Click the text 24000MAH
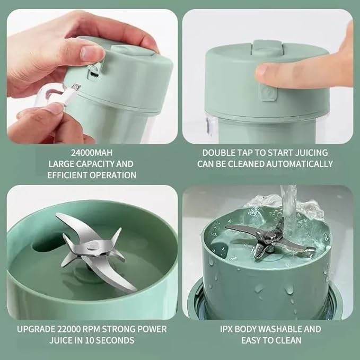click(92, 153)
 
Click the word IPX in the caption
click(228, 329)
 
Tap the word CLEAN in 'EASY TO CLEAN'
click(289, 340)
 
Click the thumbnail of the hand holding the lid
click(92, 76)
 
